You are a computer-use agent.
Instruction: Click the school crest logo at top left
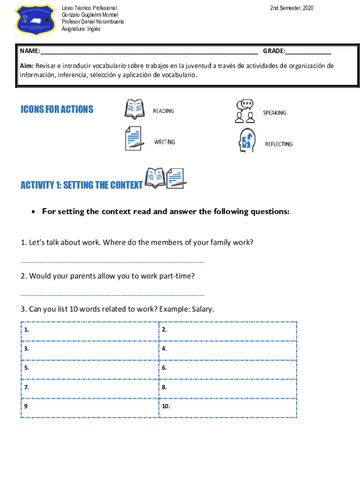click(x=35, y=20)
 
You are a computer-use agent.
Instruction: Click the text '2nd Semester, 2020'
click(x=292, y=8)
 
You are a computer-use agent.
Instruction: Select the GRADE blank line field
click(x=308, y=51)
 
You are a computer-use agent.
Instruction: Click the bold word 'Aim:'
click(x=27, y=66)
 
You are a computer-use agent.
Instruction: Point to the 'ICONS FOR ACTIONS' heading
click(x=57, y=109)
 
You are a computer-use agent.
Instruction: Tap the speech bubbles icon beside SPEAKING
click(x=245, y=111)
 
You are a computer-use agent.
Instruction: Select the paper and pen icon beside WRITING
click(x=134, y=139)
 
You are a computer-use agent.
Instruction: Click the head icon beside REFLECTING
click(x=246, y=141)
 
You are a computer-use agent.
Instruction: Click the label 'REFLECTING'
click(x=279, y=144)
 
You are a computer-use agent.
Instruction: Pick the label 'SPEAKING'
click(x=274, y=113)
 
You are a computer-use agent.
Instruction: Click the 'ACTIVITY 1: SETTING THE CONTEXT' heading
click(x=81, y=185)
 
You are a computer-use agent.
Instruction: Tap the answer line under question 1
click(x=113, y=261)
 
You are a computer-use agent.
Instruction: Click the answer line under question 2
click(x=113, y=295)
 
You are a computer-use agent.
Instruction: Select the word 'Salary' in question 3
click(x=202, y=309)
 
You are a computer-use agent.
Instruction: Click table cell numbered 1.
click(x=90, y=330)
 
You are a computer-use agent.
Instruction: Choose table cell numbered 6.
click(x=228, y=368)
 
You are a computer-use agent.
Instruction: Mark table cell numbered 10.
click(x=228, y=406)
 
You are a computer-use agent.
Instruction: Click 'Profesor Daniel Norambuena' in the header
click(x=93, y=22)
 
